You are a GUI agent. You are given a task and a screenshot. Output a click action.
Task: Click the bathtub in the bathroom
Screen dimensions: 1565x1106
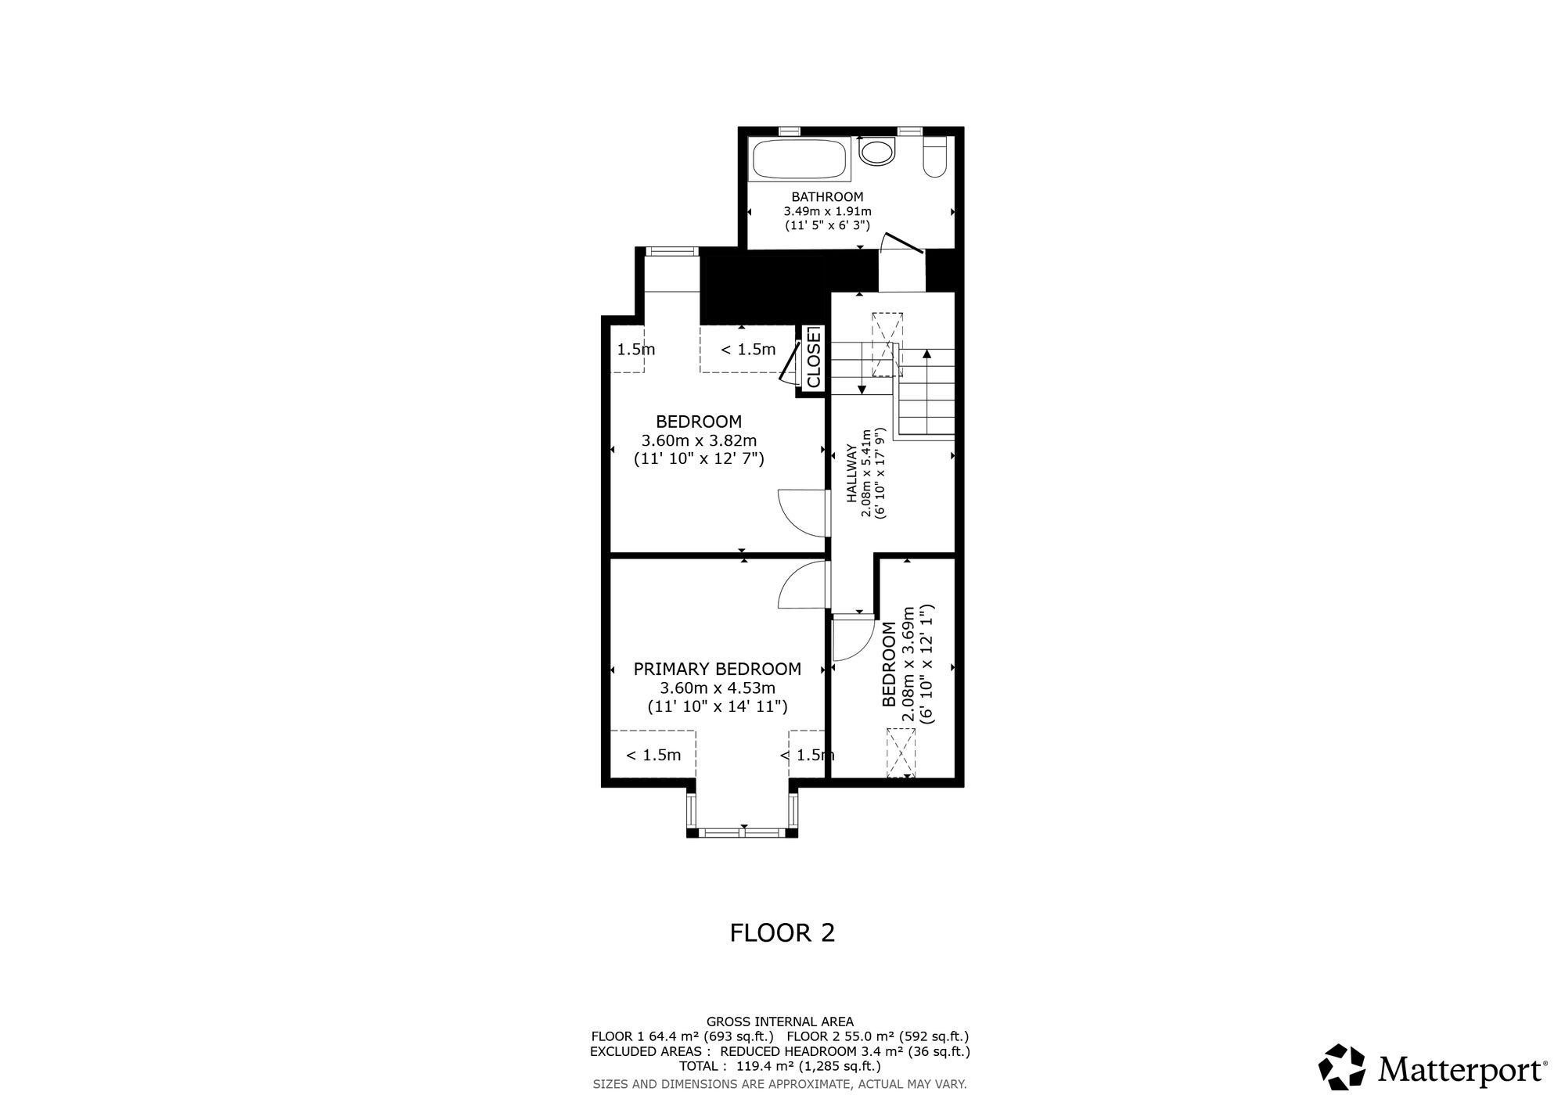click(800, 159)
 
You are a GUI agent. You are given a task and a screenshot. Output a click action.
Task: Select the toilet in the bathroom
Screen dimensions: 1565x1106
click(935, 156)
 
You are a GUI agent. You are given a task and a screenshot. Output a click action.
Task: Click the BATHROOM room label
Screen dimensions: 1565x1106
click(827, 197)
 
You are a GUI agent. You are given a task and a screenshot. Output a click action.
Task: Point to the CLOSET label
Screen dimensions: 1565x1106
click(814, 357)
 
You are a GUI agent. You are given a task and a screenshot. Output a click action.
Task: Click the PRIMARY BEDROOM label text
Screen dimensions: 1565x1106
click(717, 669)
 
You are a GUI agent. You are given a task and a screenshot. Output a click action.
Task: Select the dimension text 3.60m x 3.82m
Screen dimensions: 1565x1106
click(699, 440)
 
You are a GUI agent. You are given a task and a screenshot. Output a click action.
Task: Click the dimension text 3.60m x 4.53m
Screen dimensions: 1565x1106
click(718, 688)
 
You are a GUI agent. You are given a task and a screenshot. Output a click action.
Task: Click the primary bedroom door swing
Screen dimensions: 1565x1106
click(802, 586)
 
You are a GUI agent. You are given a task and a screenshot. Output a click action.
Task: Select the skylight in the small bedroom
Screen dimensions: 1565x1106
click(900, 752)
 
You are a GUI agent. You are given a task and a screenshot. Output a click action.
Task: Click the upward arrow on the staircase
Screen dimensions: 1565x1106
click(926, 392)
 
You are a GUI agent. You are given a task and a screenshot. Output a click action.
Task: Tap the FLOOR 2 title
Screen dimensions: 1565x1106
click(782, 932)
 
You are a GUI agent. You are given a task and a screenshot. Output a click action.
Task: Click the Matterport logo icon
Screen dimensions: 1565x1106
click(1343, 1066)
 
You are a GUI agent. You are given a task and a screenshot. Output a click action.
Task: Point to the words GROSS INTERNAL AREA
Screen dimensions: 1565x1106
click(780, 1022)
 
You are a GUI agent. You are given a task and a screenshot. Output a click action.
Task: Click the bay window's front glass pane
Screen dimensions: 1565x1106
click(742, 833)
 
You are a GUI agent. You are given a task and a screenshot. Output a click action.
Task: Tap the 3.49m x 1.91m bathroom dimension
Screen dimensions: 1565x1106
click(827, 211)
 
